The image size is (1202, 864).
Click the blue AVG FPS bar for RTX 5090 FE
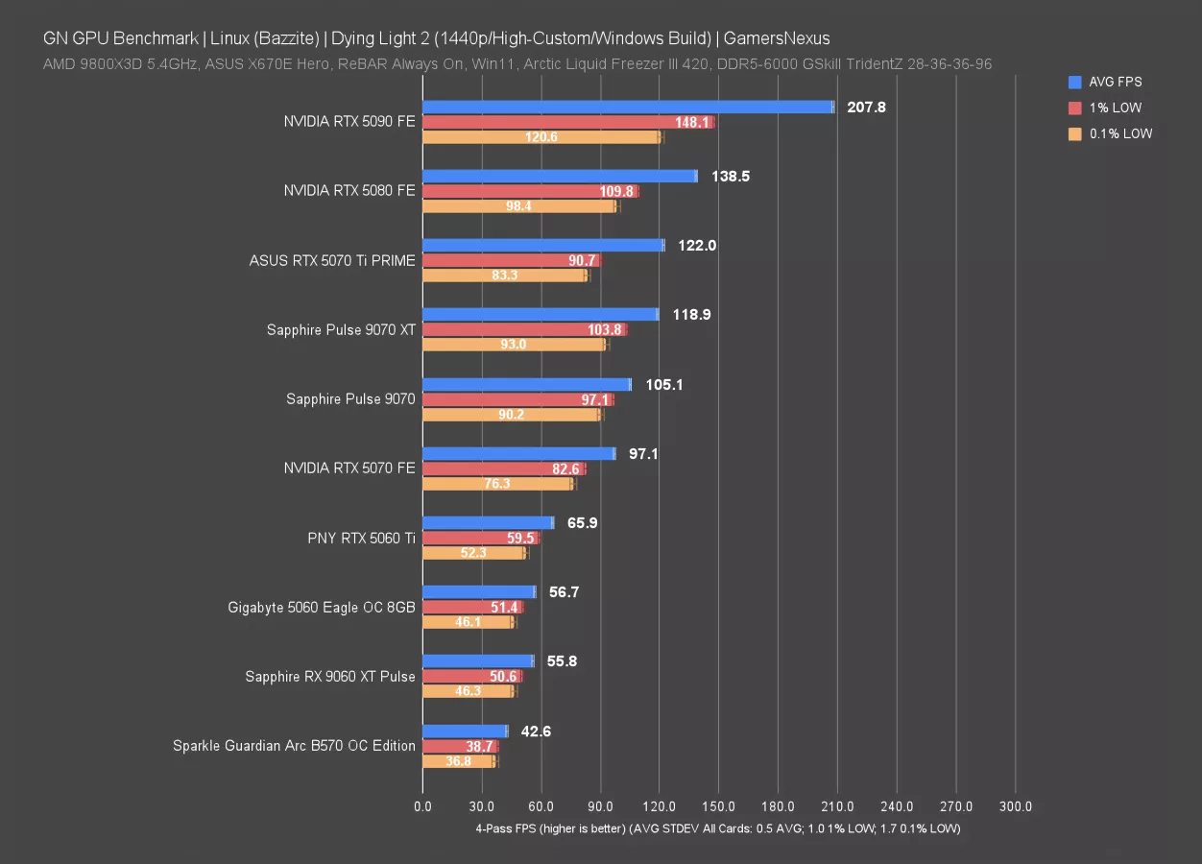[628, 107]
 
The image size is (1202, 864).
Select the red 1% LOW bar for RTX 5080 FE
[530, 191]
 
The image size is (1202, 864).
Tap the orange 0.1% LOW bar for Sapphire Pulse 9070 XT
[515, 345]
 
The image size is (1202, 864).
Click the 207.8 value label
[866, 107]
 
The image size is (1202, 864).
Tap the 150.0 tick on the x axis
[719, 807]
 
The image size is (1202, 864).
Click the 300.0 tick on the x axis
[1016, 807]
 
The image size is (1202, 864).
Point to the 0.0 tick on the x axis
[422, 807]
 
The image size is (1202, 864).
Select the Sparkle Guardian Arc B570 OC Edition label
[294, 746]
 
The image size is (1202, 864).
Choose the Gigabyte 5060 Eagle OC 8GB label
[322, 607]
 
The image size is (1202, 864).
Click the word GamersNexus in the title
[778, 38]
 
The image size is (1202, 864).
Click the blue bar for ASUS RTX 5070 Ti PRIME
[543, 245]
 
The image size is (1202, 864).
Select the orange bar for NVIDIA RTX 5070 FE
[497, 484]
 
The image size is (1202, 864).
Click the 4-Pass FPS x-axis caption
[718, 828]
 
